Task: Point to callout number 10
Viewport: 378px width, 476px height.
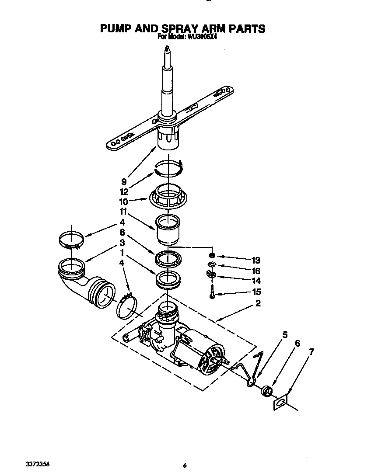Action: pos(124,202)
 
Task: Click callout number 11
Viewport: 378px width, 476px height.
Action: pos(124,212)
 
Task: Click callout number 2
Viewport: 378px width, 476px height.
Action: pos(258,304)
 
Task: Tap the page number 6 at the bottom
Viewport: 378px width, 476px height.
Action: pos(185,466)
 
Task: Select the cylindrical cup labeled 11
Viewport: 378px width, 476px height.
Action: pos(168,230)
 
